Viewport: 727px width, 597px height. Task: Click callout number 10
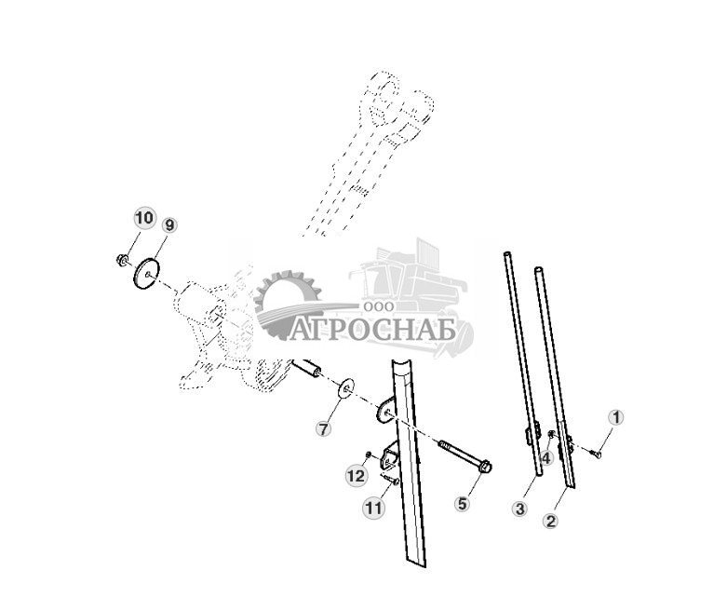143,219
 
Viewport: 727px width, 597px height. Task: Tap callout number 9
168,225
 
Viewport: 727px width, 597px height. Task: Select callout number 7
323,429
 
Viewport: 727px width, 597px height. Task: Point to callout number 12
357,476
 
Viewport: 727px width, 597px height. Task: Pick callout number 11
373,509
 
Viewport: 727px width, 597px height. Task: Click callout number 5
462,504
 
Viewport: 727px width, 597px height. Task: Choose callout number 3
519,509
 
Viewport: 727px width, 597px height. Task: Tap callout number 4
546,457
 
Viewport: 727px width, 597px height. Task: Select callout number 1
615,417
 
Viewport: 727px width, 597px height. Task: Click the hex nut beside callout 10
123,260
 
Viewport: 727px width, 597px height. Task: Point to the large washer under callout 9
145,276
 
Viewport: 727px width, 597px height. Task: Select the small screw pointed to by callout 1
596,454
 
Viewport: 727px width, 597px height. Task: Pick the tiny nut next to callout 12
370,455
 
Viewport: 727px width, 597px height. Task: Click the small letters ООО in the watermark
381,306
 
